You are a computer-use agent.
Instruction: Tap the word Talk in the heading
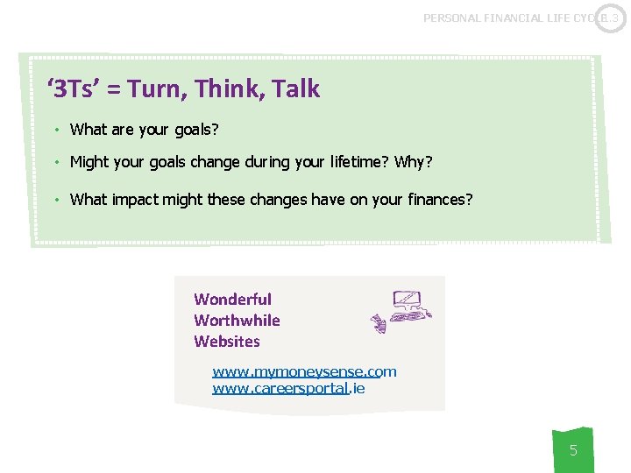coord(295,89)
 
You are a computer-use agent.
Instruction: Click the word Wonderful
coord(232,300)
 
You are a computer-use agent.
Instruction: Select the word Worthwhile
coord(237,321)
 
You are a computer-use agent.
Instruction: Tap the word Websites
coord(227,342)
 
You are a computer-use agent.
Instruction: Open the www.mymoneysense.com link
coord(304,371)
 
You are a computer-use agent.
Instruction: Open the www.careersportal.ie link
coord(288,388)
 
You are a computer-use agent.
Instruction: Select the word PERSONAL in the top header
coord(454,18)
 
